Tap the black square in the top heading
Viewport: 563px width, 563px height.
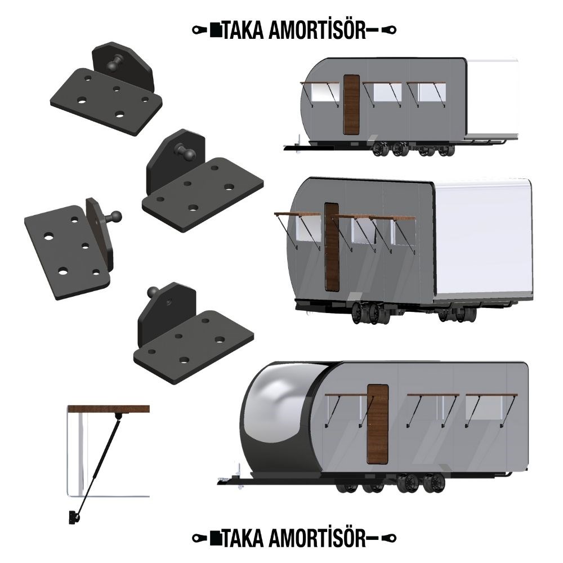tap(216, 30)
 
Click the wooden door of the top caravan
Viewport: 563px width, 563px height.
tap(351, 105)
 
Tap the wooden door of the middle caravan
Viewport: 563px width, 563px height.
tap(332, 247)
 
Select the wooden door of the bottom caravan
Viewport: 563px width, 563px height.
tap(378, 424)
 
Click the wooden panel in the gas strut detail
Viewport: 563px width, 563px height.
tap(109, 409)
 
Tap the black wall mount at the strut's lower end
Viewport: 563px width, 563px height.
tap(74, 517)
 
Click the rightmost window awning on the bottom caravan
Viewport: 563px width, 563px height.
tap(491, 395)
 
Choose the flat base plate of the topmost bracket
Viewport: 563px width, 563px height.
tap(106, 101)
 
